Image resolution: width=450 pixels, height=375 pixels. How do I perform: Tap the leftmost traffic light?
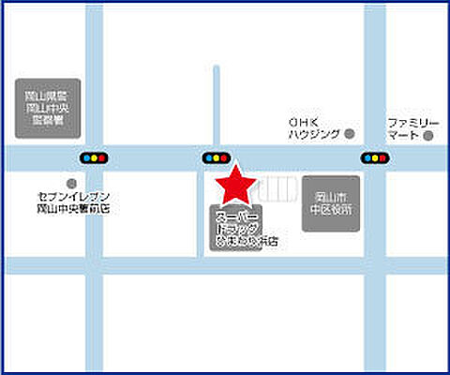(x=94, y=157)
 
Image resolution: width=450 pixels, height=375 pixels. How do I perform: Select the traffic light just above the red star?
(x=216, y=157)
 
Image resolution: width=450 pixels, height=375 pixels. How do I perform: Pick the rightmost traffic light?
(x=374, y=157)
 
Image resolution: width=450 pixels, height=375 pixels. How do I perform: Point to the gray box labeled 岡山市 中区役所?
(x=330, y=203)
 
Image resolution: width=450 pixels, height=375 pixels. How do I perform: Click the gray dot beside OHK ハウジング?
(x=349, y=134)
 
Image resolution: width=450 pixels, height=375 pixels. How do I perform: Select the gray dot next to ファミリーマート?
(x=427, y=136)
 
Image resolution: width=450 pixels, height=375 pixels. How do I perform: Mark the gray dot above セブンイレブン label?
(x=70, y=184)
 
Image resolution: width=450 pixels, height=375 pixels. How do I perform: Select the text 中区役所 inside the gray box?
(x=331, y=210)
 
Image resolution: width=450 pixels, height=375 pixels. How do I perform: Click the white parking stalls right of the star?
(x=277, y=187)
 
